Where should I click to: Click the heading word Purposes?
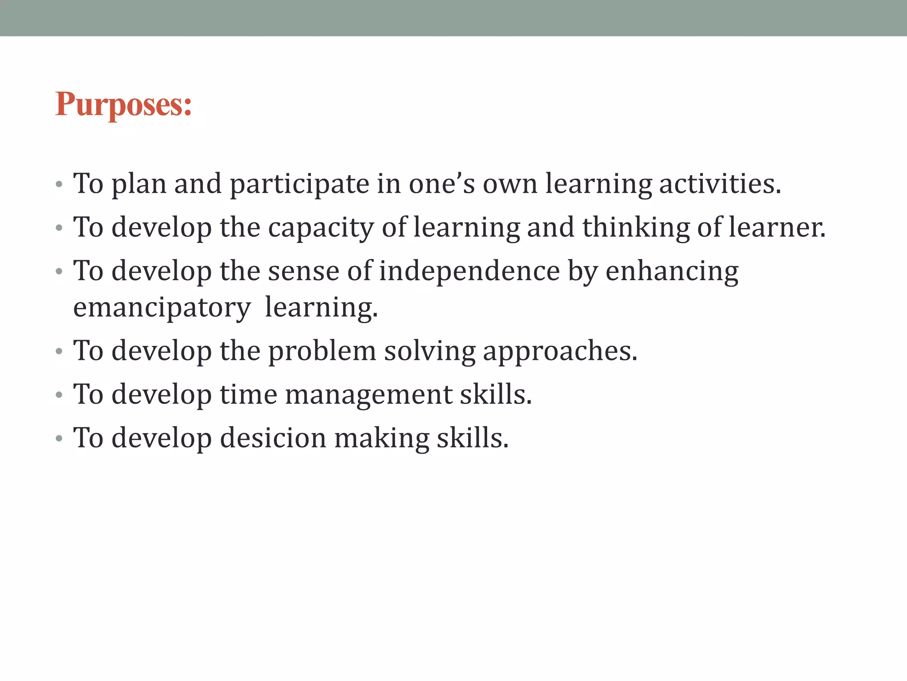[124, 105]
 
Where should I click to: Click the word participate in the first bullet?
[299, 184]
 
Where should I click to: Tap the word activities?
[720, 184]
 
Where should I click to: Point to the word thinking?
[636, 227]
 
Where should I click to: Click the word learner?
[777, 227]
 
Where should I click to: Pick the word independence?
[469, 271]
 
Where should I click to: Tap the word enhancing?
[672, 272]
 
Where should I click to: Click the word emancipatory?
[162, 308]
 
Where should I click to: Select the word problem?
[322, 351]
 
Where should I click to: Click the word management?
[368, 395]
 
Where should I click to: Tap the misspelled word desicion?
[273, 438]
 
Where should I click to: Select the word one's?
[442, 184]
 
